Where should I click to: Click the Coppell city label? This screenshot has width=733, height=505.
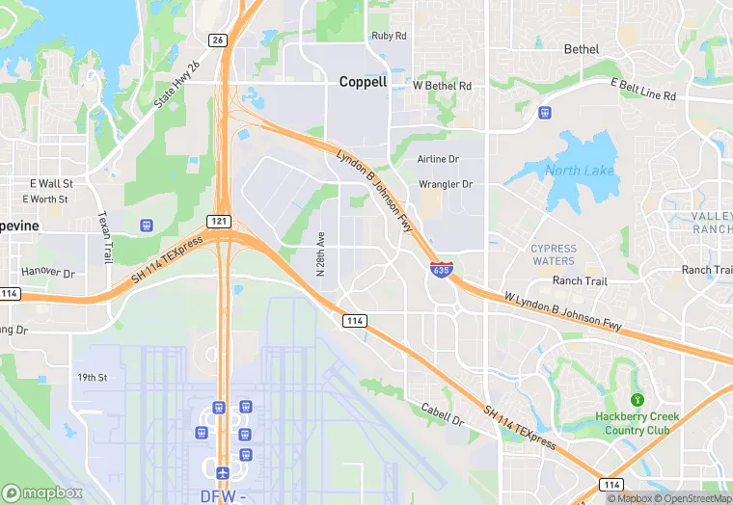coord(363,82)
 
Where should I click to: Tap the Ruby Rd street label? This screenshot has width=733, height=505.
coord(389,36)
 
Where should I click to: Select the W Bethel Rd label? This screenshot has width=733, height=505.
coord(443,86)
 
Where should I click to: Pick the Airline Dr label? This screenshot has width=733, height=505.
coord(438,159)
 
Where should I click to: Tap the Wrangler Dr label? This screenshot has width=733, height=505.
coord(446,184)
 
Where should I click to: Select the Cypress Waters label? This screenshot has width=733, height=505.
coord(554,254)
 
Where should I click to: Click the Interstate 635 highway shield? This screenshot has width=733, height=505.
coord(441,270)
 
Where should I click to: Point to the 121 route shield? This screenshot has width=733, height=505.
coord(219,221)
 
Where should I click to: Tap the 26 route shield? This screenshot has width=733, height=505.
coord(218,40)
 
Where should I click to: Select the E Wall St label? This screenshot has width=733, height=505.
coord(51,182)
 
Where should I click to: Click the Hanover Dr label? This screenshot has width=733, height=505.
coord(47,273)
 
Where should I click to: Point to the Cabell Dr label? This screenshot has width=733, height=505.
coord(443,415)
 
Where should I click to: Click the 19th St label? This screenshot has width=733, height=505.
coord(93,378)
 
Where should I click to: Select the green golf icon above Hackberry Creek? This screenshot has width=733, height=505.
coord(637,399)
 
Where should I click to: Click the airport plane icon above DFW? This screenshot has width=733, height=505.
coord(224,472)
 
